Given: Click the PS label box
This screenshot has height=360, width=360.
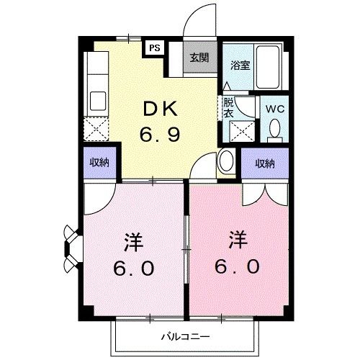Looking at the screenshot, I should tap(154, 48).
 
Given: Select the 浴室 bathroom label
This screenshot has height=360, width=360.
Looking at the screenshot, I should tap(239, 65).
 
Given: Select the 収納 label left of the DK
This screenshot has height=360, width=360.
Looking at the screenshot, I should tap(99, 163).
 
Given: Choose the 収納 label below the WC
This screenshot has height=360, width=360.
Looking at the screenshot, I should tap(265, 163).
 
